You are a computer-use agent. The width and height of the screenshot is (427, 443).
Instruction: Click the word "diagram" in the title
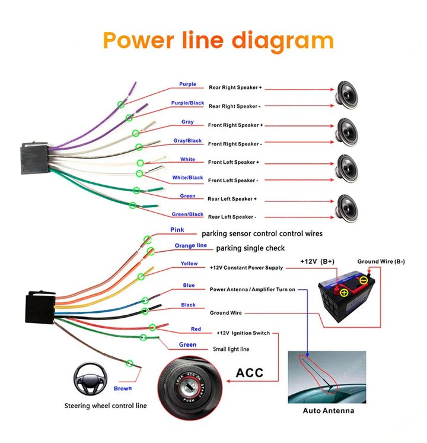point(282,40)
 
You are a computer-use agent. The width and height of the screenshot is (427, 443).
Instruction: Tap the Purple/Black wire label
point(187,103)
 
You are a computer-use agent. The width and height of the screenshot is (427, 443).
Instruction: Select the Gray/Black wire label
point(187,141)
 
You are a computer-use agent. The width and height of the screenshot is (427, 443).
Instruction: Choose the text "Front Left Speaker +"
point(233,162)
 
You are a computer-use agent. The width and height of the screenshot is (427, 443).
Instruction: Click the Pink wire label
point(177,230)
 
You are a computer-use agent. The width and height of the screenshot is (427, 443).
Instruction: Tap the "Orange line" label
point(190,246)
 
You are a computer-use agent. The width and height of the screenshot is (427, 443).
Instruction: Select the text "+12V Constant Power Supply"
point(246,268)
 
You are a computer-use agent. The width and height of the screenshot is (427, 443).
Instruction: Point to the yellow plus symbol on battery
point(344,292)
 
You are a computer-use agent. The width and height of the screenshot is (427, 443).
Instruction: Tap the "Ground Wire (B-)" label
point(381,262)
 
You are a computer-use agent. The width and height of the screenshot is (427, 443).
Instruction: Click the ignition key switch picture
point(191,384)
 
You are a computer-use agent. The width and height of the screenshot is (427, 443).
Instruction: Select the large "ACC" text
point(249,373)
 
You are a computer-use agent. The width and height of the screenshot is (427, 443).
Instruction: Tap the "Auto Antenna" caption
point(328,410)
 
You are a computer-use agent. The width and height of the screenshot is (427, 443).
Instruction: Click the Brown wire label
point(123,388)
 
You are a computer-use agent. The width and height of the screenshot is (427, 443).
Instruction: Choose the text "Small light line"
point(231,349)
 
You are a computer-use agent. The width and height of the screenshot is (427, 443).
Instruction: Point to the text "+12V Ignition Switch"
point(243,333)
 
